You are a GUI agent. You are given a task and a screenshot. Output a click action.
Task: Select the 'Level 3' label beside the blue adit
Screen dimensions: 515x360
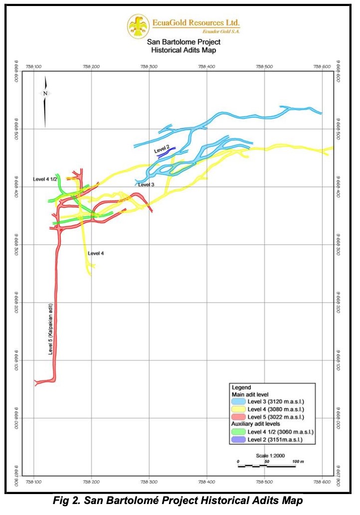146,185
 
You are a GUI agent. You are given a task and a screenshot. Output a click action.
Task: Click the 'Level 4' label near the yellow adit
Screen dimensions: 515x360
96,254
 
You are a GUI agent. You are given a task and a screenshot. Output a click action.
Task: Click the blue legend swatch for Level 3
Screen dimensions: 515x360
238,402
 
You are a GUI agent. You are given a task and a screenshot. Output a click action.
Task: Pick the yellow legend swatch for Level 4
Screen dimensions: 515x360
238,409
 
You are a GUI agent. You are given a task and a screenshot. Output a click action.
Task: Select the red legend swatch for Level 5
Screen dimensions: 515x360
238,417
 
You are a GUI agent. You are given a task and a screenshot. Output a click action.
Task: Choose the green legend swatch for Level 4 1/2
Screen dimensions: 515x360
238,432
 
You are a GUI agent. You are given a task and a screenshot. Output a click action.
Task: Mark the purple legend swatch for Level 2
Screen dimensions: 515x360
238,439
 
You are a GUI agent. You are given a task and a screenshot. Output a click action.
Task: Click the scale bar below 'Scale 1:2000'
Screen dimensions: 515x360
266,466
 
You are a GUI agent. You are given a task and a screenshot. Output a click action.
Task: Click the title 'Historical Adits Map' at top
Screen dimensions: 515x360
180,50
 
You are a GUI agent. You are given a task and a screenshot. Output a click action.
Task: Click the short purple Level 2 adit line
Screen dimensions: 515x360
163,155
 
